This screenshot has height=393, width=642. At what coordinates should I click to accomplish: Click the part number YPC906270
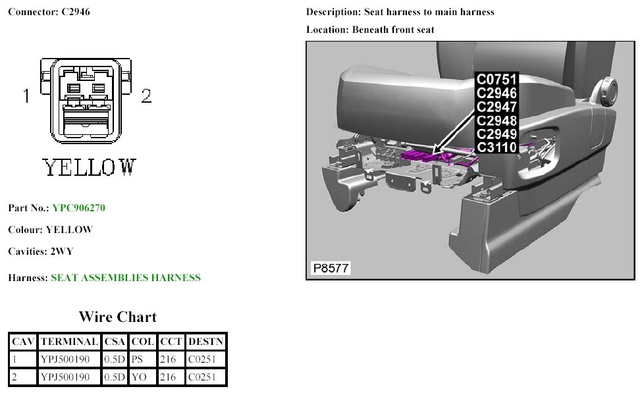click(x=78, y=208)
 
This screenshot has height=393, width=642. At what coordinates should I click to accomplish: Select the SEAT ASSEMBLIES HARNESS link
click(x=125, y=278)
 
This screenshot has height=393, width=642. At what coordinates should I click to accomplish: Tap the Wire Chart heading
click(x=117, y=317)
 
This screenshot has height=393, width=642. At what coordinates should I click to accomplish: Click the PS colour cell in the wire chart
click(x=137, y=359)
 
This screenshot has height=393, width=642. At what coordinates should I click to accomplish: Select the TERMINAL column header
click(x=68, y=342)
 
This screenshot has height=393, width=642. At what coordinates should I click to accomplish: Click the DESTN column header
click(x=205, y=342)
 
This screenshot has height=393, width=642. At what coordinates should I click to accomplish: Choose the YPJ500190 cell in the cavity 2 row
click(x=65, y=377)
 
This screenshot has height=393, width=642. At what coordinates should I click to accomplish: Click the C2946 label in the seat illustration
click(x=496, y=93)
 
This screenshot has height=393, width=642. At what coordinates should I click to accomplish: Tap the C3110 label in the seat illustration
click(x=496, y=147)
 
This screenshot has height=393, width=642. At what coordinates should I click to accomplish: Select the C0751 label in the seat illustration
click(x=496, y=80)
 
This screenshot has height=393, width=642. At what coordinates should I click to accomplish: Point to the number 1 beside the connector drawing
click(x=26, y=97)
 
